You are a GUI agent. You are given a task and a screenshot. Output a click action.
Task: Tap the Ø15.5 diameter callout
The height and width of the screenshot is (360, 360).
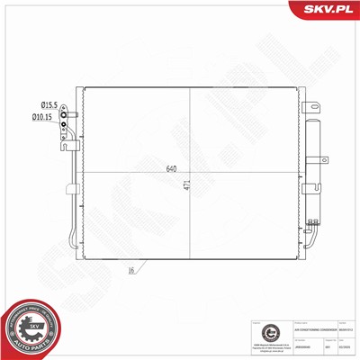pos(44,106)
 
